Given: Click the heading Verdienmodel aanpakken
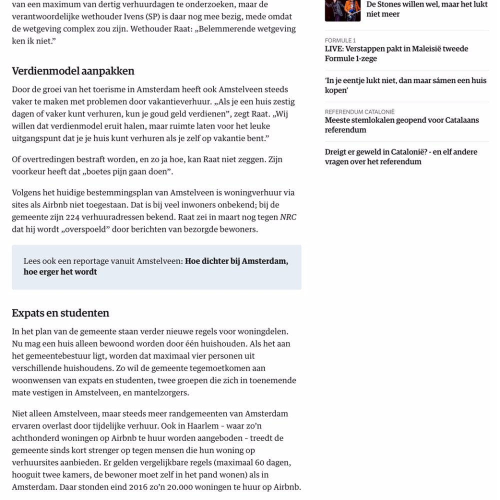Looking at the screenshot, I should click(x=73, y=71).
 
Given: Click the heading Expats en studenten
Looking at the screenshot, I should click(x=60, y=313).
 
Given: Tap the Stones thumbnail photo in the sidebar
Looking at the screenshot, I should click(x=342, y=10).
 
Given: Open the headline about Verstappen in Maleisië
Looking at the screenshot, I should click(x=396, y=53).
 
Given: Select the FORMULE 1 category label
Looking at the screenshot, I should click(x=340, y=40).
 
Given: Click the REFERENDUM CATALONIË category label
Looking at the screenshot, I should click(x=359, y=112).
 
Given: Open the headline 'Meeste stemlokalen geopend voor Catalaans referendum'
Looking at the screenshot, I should click(x=401, y=125).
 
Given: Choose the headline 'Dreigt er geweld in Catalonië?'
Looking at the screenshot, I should click(x=401, y=156).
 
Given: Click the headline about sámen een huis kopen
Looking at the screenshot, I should click(x=405, y=85).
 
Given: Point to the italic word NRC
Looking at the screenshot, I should click(x=288, y=217).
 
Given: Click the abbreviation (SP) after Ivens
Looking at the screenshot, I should click(x=163, y=16).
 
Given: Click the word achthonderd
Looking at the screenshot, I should click(x=36, y=438).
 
